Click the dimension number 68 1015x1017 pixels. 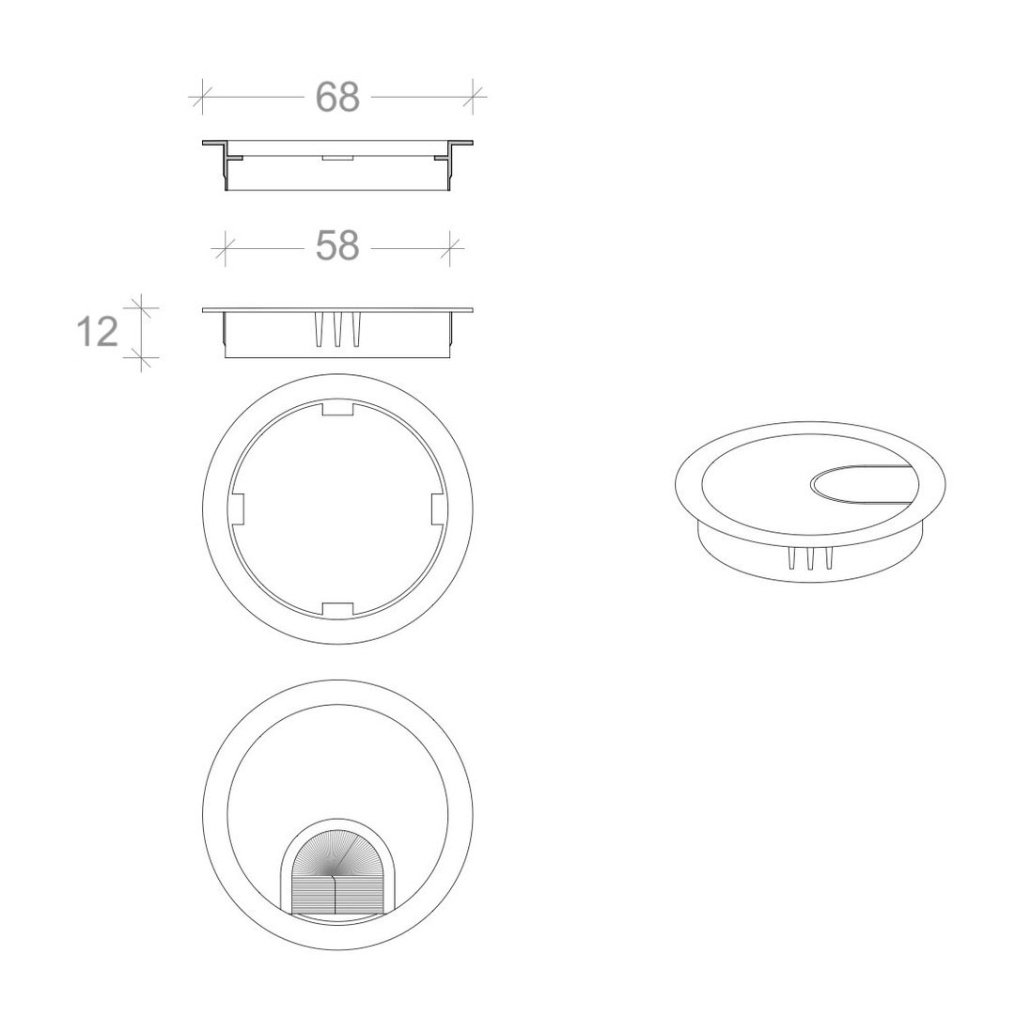coord(337,97)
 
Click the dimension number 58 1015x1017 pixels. coord(337,245)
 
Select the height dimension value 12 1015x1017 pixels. coord(98,332)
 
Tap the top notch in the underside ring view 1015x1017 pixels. coord(337,410)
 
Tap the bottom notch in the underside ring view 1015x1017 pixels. coord(337,609)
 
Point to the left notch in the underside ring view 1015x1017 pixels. coord(236,509)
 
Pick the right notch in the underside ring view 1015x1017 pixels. coord(439,509)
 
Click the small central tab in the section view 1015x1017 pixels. coord(337,158)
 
